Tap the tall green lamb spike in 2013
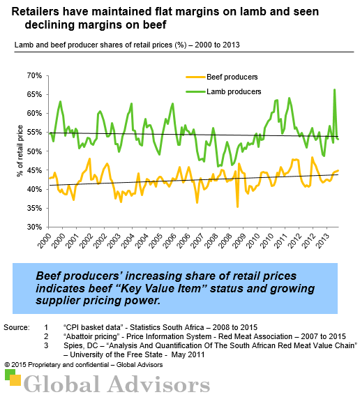tap(334, 90)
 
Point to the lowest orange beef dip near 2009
tap(237, 206)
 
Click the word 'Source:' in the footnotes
tap(15, 327)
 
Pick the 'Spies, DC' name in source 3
tap(82, 345)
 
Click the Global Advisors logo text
tap(116, 383)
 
